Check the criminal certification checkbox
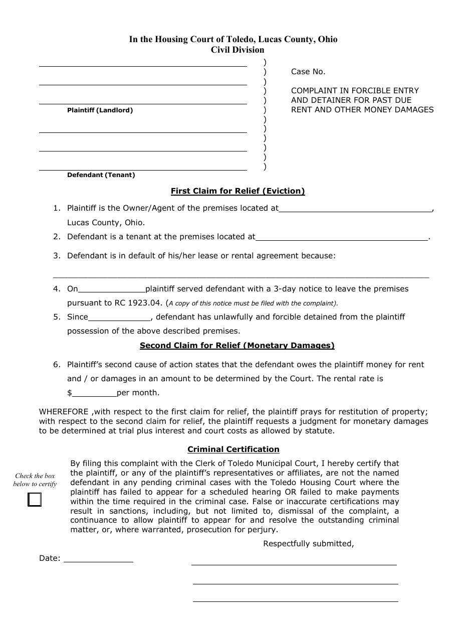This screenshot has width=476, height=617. point(35,500)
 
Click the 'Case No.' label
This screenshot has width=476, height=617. point(308,72)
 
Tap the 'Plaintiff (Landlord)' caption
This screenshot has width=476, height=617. point(100,110)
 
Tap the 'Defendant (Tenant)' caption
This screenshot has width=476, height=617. point(101,175)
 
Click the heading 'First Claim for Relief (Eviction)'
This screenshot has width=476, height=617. point(237,191)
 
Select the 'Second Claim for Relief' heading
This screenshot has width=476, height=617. point(237,345)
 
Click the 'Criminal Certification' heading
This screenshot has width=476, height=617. point(233,449)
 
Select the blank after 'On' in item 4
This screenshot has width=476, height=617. point(112,290)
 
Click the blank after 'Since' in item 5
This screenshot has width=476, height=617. point(119,318)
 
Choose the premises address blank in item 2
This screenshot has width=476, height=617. point(342,238)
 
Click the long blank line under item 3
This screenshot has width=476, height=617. point(241,276)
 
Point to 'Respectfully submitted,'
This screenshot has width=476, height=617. point(309,544)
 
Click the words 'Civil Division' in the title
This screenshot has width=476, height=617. point(237,50)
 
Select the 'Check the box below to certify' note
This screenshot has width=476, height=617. point(35,480)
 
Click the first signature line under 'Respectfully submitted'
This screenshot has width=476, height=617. point(294,564)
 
